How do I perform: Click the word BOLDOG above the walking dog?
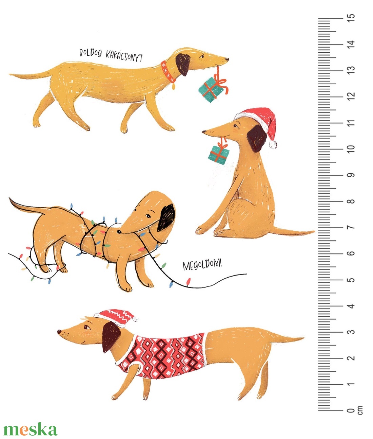(x=91, y=53)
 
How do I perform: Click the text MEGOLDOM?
(x=202, y=265)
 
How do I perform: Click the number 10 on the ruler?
(x=351, y=149)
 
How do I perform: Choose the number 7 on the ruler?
(x=351, y=227)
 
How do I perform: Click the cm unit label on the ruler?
(x=360, y=410)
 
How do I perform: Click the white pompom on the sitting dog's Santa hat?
(x=273, y=144)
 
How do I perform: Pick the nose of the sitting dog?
(x=204, y=132)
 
